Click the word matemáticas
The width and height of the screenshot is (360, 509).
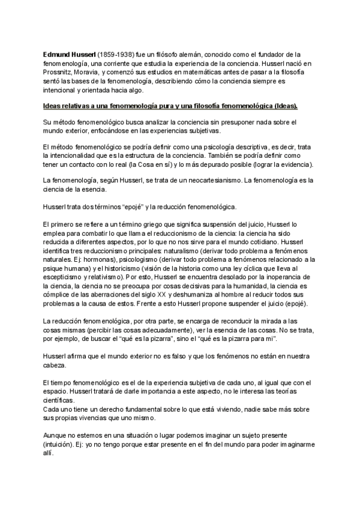205,73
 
